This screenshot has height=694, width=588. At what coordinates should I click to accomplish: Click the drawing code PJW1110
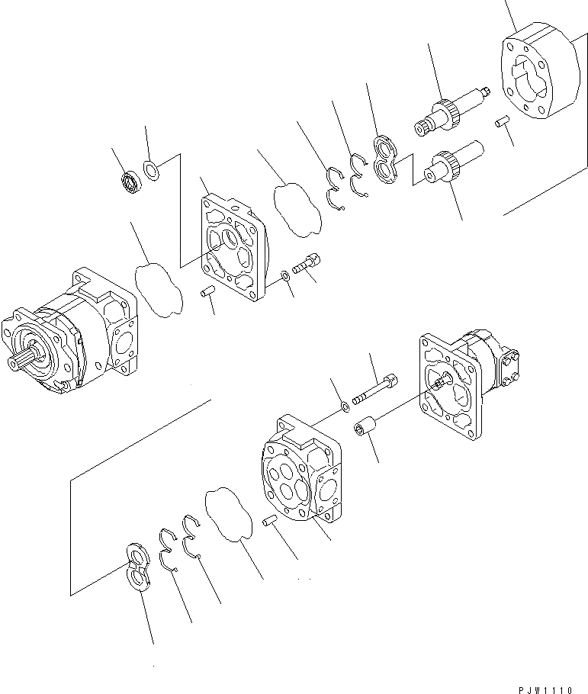(x=546, y=689)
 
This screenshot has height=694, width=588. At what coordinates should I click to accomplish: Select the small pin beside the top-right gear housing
(x=501, y=121)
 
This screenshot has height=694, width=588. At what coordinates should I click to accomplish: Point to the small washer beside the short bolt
(x=284, y=274)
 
